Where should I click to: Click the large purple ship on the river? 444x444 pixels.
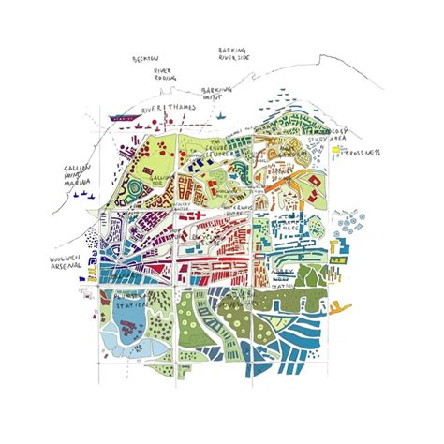pos(121,118)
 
